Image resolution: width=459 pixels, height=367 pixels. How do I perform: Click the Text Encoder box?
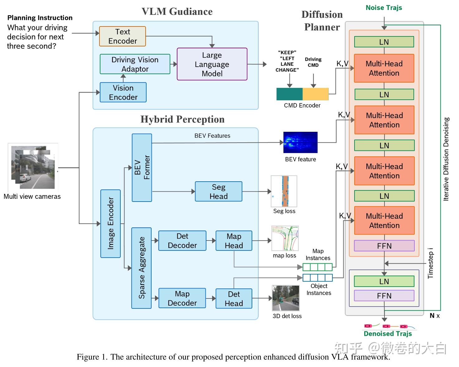click(122, 36)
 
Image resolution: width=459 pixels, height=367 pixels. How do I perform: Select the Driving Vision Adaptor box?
click(135, 64)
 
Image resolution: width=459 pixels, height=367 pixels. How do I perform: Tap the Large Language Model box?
click(212, 64)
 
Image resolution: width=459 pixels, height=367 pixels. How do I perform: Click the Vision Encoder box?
click(123, 93)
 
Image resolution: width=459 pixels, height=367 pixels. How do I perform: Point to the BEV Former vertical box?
click(142, 168)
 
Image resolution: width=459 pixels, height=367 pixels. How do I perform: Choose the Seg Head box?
click(218, 192)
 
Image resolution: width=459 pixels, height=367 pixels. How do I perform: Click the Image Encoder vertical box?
click(110, 224)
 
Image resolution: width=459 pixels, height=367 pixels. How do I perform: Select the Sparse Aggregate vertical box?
click(141, 268)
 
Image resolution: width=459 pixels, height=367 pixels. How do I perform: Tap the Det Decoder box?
click(182, 241)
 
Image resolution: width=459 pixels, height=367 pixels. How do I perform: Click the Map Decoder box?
click(182, 298)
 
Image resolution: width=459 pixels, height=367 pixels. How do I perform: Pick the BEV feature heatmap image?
click(300, 142)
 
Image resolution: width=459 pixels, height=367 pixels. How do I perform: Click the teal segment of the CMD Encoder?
click(289, 94)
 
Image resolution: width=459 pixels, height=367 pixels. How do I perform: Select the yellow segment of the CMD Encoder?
click(315, 94)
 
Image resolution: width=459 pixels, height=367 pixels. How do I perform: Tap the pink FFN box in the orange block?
click(384, 246)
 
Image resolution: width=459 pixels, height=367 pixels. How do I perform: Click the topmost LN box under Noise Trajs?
click(384, 42)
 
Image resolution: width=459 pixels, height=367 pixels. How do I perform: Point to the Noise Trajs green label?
click(384, 8)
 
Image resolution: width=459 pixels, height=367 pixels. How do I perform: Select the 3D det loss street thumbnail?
click(286, 298)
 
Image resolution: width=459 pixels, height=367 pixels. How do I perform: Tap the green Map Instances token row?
click(317, 267)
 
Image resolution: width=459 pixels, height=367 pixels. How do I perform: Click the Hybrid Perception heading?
click(182, 119)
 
